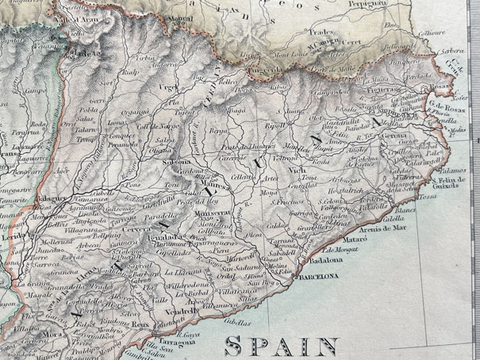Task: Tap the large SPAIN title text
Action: click(x=282, y=346)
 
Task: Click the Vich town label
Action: click(x=298, y=170)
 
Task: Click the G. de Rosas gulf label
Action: click(x=443, y=106)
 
